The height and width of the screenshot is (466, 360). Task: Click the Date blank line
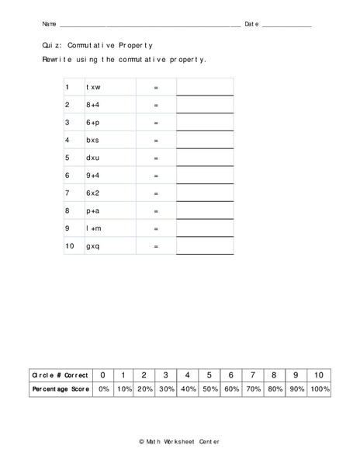[286, 26]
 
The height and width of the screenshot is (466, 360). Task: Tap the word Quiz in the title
[51, 46]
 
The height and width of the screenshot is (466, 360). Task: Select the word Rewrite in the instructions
[59, 59]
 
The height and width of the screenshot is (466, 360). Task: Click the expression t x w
[93, 88]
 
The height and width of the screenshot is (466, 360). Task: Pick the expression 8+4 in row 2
[93, 105]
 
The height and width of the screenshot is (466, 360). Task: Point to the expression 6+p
[93, 123]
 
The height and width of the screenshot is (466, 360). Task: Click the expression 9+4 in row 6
[93, 176]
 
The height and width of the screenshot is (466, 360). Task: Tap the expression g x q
[93, 246]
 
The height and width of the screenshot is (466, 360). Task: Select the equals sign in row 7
[156, 193]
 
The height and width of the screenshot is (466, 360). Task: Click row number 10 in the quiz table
[70, 246]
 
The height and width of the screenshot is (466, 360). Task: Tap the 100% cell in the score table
[320, 389]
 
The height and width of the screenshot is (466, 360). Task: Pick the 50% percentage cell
[210, 389]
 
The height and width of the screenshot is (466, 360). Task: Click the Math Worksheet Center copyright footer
[179, 442]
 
